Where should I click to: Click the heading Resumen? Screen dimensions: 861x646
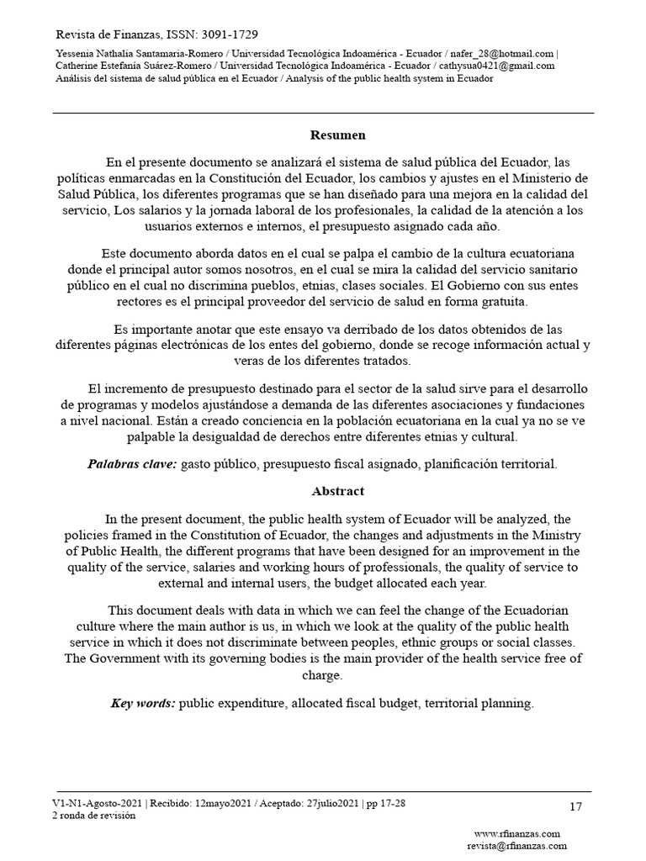tap(337, 135)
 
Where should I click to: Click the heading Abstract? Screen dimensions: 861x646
tap(337, 491)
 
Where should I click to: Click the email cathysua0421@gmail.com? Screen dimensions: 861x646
tap(502, 66)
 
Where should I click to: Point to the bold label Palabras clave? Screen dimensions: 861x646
tap(132, 463)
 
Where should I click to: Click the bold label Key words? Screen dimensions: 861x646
tap(143, 703)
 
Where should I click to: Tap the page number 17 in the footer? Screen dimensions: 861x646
tap(575, 807)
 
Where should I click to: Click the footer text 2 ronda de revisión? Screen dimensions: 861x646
tap(93, 815)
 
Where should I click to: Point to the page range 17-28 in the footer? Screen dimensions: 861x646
tap(390, 803)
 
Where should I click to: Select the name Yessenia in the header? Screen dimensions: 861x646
tap(75, 53)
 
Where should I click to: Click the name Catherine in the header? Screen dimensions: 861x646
tap(77, 66)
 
